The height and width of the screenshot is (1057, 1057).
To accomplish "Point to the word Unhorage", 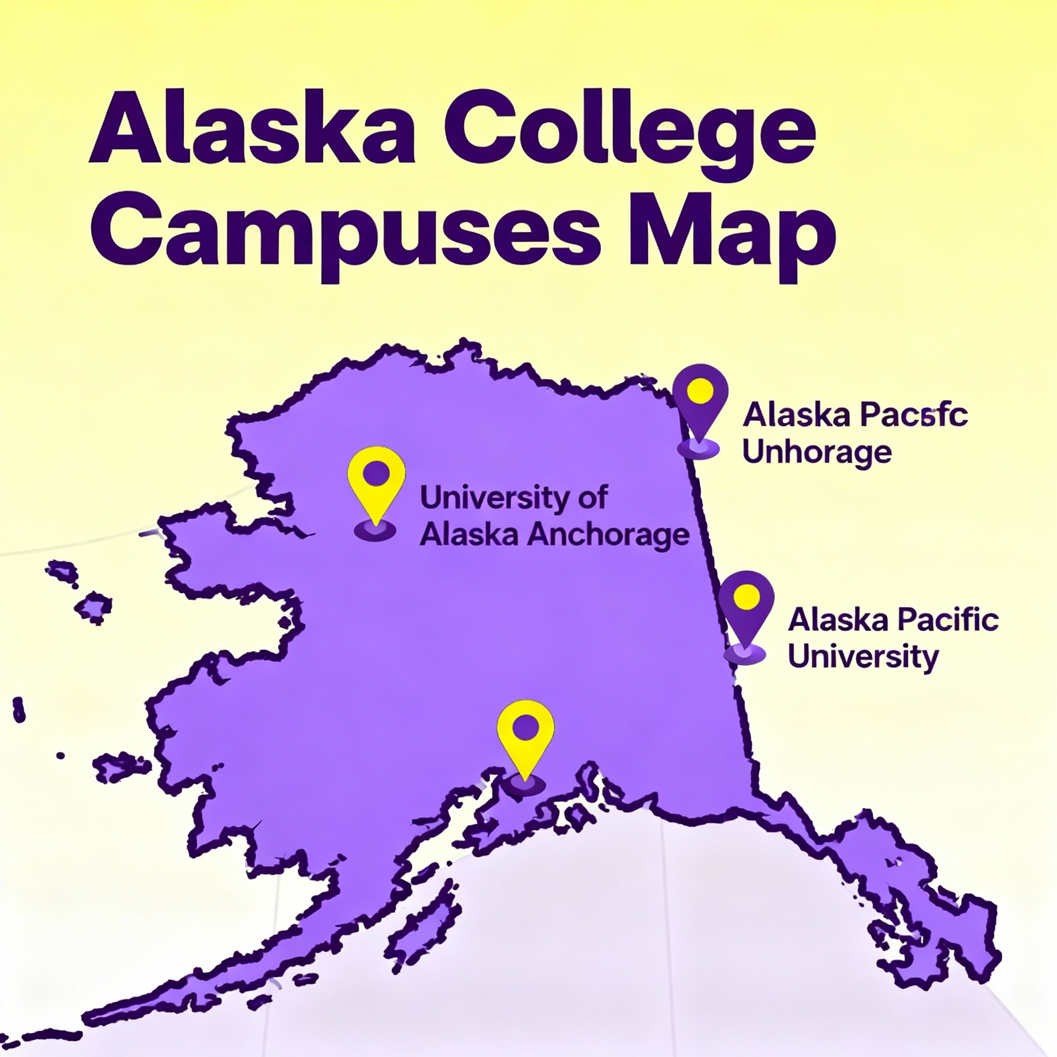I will (x=817, y=454).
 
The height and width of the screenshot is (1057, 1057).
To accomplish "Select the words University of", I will (x=513, y=499).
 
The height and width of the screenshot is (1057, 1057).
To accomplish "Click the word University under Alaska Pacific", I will (x=863, y=657).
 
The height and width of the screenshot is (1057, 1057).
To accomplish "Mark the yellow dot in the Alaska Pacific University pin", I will (x=746, y=596).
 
